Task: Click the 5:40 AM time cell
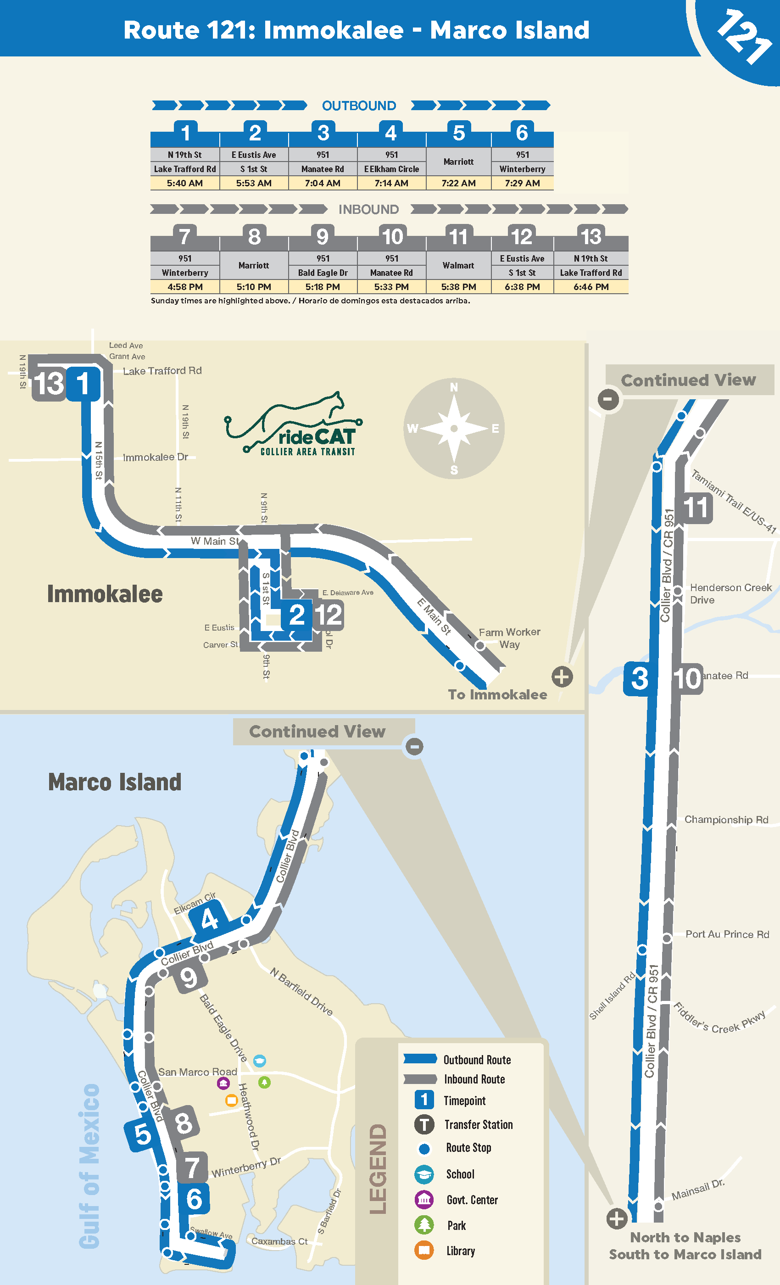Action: click(x=184, y=183)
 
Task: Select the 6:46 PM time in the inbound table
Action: click(x=591, y=287)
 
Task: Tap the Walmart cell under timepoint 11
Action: click(x=458, y=265)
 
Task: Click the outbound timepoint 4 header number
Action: click(x=391, y=133)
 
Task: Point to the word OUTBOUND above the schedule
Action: click(x=359, y=106)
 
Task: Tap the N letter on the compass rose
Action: click(x=454, y=387)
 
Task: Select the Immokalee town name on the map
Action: click(x=105, y=594)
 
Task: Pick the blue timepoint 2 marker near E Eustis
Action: click(x=297, y=615)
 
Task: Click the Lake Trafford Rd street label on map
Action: click(x=162, y=371)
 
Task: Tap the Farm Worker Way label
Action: click(x=509, y=638)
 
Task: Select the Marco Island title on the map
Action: click(x=115, y=782)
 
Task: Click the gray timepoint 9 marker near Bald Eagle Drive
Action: click(x=189, y=978)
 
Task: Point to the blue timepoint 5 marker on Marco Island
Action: click(x=142, y=1134)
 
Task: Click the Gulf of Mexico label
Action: click(x=89, y=1166)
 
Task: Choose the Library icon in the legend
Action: click(x=424, y=1250)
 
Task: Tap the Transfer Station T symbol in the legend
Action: click(x=424, y=1124)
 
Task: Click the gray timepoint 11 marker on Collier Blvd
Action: click(x=696, y=508)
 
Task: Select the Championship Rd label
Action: click(x=726, y=820)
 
